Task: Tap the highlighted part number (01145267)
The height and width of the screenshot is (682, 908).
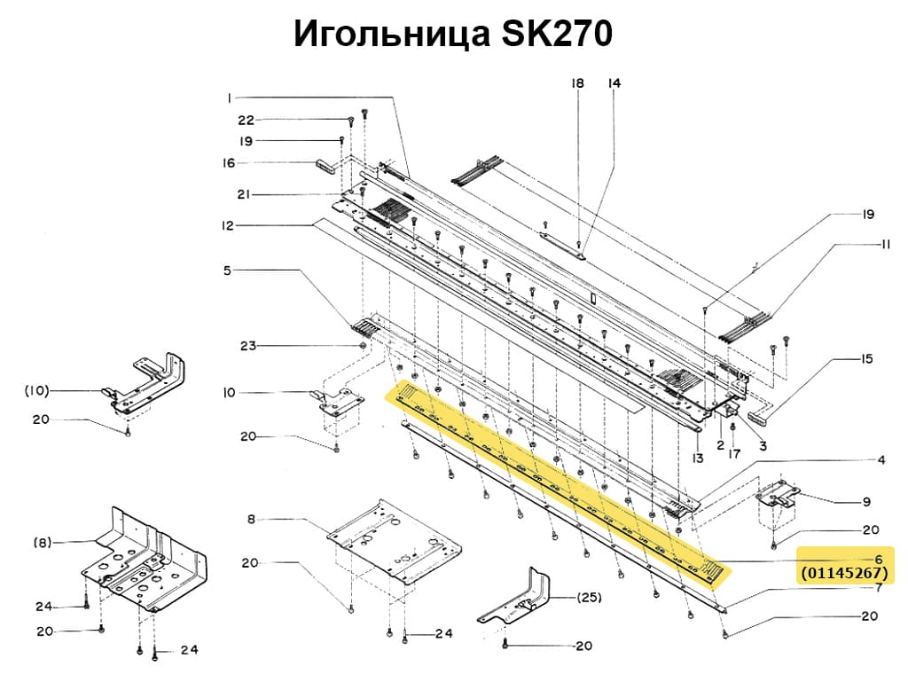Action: pos(843,574)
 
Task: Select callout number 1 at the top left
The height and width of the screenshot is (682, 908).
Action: pos(229,97)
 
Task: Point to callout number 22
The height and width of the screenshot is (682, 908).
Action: pos(246,121)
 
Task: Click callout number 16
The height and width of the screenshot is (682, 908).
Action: pos(229,163)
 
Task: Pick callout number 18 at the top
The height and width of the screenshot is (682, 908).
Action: pos(577,83)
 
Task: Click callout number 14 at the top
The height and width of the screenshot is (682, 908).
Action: pos(614,83)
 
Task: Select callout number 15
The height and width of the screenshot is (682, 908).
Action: pos(866,359)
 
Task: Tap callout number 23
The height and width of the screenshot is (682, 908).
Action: pos(247,345)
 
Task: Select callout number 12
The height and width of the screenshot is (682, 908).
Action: pos(229,226)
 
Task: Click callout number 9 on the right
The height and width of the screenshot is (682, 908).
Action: pos(866,502)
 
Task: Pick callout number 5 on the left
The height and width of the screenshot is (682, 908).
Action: pos(227,270)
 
